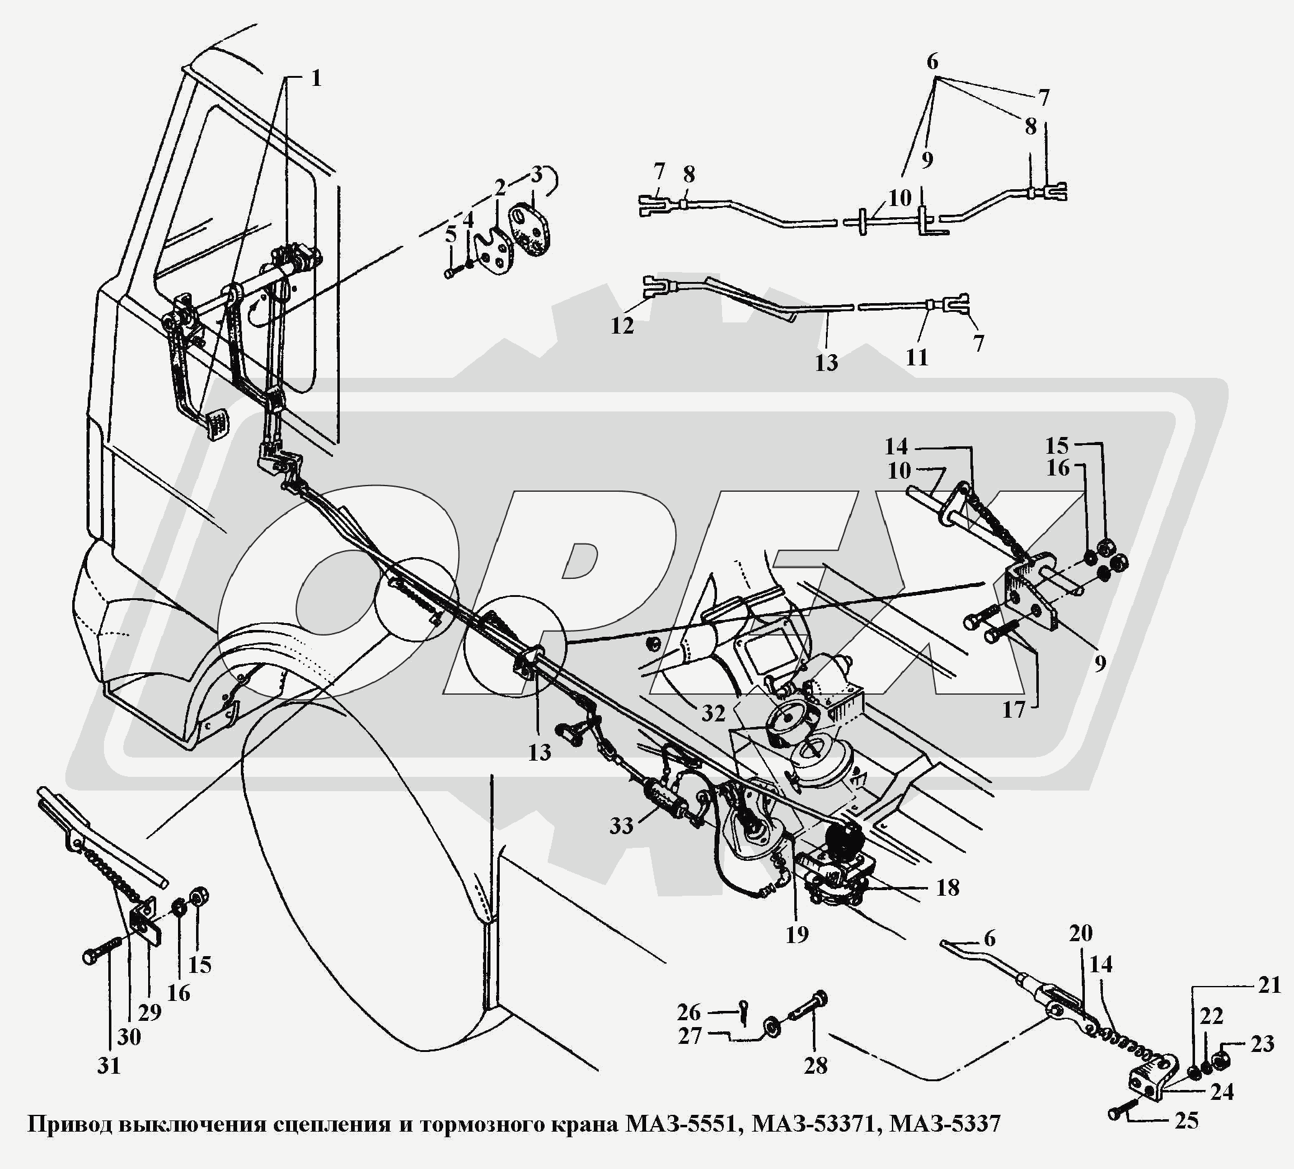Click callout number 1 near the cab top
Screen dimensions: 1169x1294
tap(315, 79)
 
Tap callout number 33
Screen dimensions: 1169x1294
tap(621, 825)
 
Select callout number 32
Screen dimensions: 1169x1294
tap(713, 713)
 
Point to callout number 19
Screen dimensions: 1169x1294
tap(797, 934)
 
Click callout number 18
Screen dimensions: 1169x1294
tap(948, 887)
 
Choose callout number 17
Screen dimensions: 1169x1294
tap(1013, 711)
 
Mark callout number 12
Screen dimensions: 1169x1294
tap(622, 326)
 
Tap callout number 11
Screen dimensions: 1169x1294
tap(917, 357)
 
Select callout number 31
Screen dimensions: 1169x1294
tap(109, 1066)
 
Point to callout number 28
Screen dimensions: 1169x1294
tap(816, 1066)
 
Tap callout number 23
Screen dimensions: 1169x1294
tap(1262, 1045)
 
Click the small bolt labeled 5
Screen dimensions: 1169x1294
tap(449, 273)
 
